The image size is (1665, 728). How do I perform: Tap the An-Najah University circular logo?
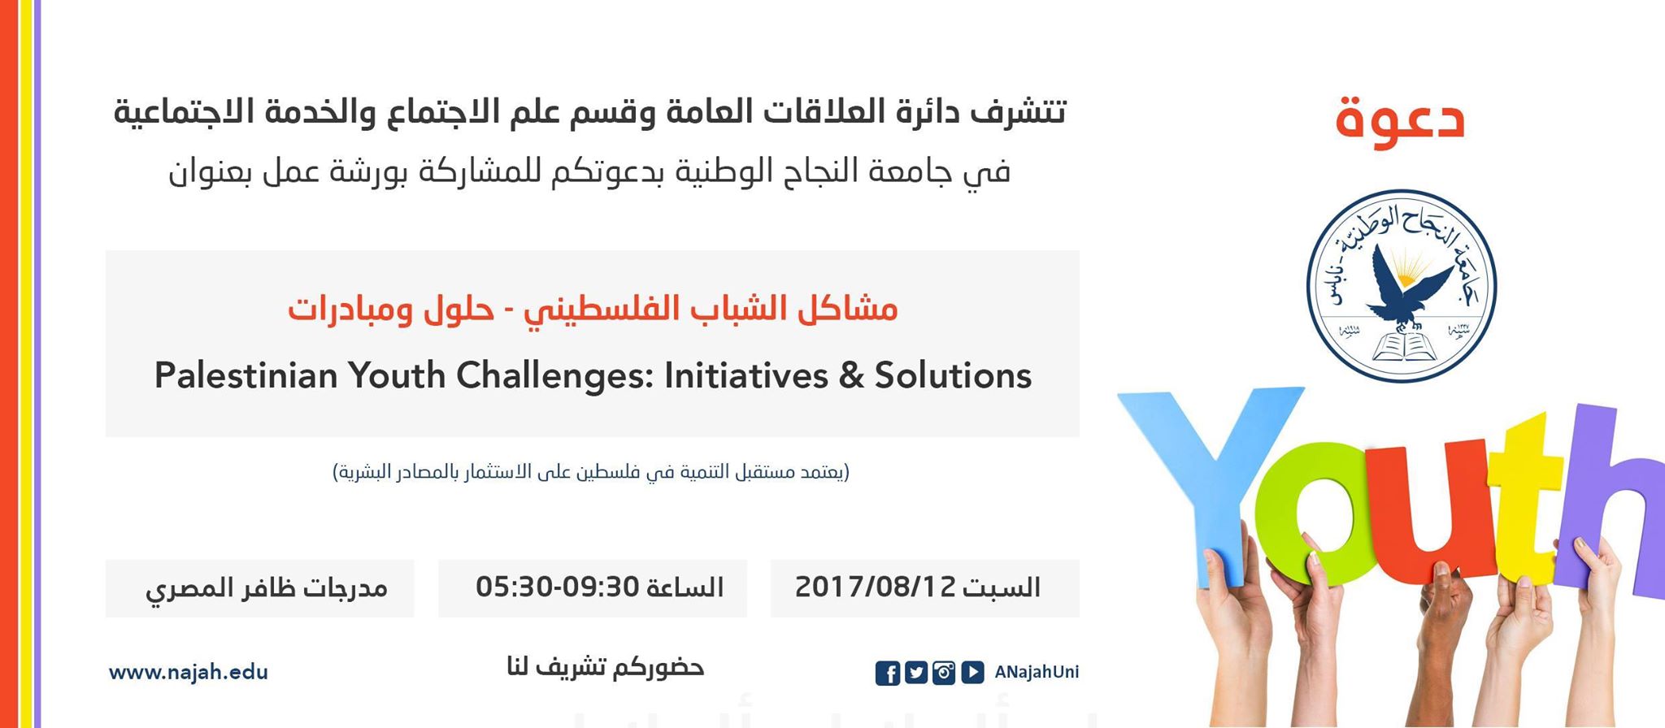pos(1401,286)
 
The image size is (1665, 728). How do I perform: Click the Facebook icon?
pos(888,674)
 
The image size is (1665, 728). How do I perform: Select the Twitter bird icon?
pos(916,673)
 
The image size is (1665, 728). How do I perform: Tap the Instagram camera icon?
pos(944,673)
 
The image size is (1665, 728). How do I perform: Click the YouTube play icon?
pos(972,673)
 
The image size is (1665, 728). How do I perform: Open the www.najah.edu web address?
pos(189,673)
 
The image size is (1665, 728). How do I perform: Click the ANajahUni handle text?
pos(1037,672)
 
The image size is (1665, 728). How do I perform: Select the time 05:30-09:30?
pos(557,587)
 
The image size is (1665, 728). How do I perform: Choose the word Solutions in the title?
pos(953,376)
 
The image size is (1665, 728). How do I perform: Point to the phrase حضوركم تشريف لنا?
pos(606,668)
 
